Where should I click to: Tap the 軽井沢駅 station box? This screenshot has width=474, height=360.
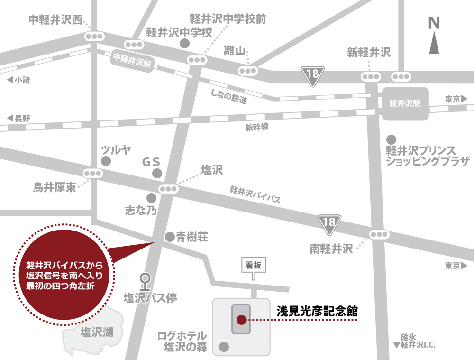click(x=405, y=103)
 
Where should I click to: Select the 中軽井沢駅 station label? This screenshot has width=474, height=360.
click(x=132, y=61)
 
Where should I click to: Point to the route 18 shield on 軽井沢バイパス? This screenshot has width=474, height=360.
click(x=330, y=223)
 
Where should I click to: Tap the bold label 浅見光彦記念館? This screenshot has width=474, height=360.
click(x=317, y=312)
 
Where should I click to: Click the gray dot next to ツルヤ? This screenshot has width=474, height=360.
click(x=107, y=161)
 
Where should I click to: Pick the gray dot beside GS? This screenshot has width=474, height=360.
click(x=157, y=174)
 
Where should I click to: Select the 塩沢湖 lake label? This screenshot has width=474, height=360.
click(x=97, y=332)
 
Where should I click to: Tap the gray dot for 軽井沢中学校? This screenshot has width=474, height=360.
click(x=185, y=43)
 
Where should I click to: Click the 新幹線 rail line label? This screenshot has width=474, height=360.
click(x=257, y=127)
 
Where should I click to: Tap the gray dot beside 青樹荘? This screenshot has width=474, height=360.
click(x=169, y=236)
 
